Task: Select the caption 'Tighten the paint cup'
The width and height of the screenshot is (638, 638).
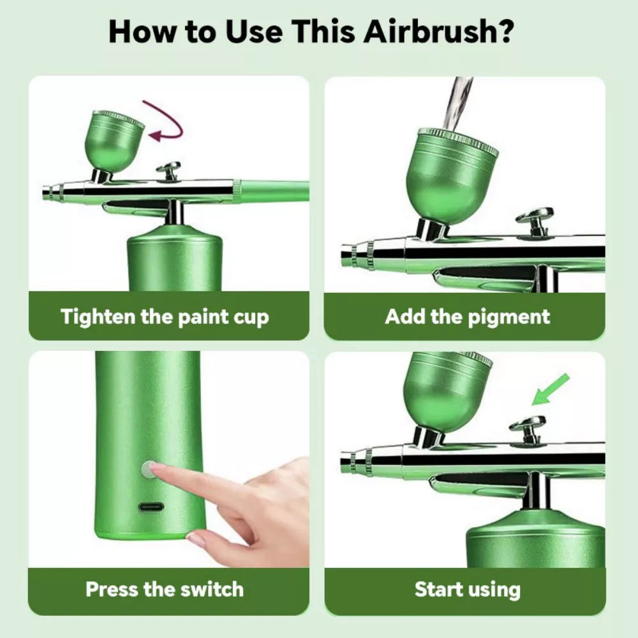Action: [x=165, y=316]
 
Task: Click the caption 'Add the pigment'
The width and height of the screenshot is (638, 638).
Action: [x=467, y=316]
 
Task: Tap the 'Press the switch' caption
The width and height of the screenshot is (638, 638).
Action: [x=165, y=588]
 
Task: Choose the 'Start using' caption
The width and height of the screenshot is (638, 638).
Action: [x=467, y=589]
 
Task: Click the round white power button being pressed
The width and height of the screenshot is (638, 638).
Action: [x=148, y=470]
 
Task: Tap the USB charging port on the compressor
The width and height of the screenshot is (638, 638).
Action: [x=151, y=508]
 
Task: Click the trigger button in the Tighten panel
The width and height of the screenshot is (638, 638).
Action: [x=169, y=170]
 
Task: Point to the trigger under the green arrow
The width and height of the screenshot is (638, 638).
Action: [x=528, y=426]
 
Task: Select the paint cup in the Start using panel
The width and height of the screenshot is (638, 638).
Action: [x=447, y=389]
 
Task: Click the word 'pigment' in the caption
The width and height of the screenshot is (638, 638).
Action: [x=507, y=317]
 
